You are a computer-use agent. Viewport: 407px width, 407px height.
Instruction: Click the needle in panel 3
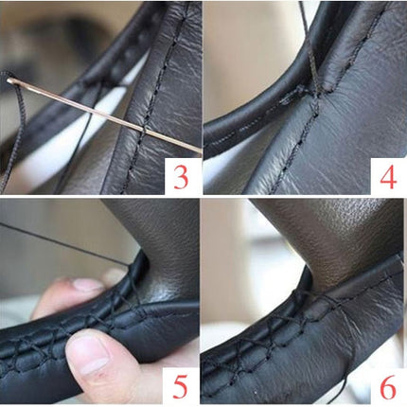104,115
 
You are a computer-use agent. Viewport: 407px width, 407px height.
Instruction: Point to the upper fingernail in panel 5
88,285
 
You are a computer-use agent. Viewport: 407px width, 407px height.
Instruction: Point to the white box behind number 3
183,176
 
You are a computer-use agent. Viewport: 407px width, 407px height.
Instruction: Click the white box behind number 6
389,385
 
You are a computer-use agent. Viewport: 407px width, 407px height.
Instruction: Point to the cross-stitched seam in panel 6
284,325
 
